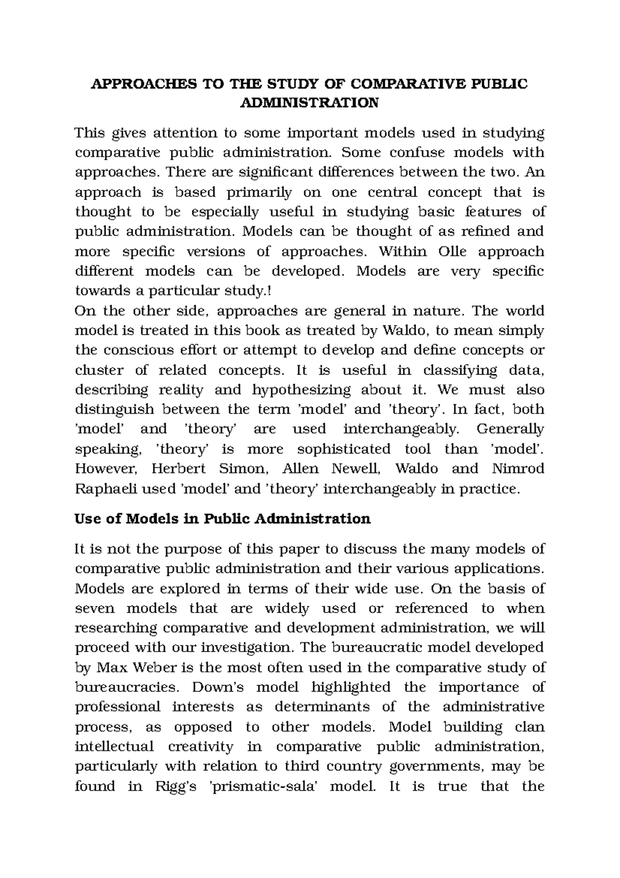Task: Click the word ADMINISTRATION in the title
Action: tap(309, 103)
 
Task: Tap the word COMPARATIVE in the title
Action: tap(392, 84)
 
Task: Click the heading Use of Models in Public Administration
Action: tap(223, 519)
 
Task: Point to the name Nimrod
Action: tap(518, 469)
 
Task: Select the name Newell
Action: tap(355, 469)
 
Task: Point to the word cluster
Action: tap(100, 370)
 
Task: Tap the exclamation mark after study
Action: tap(268, 291)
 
